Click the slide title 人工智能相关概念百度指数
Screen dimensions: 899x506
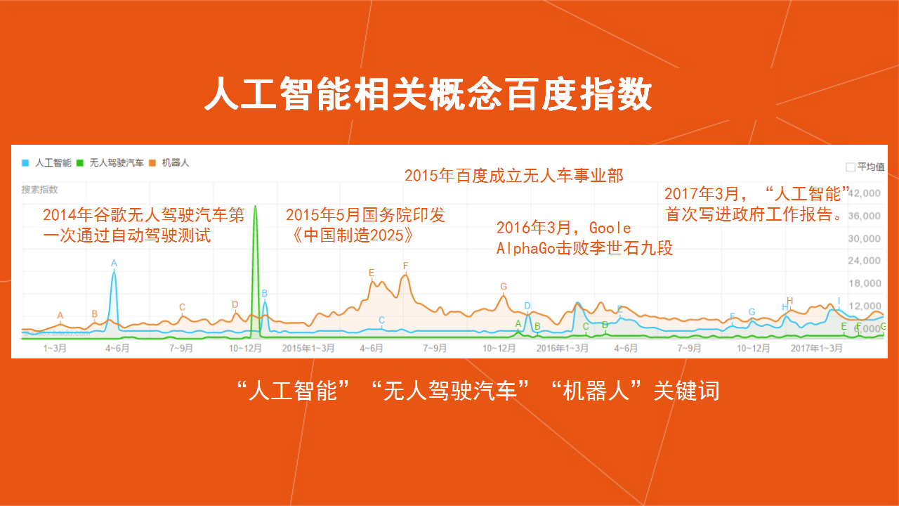pyautogui.click(x=428, y=94)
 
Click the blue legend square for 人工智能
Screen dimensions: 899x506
pyautogui.click(x=25, y=163)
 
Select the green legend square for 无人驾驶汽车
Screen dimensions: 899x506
pyautogui.click(x=80, y=163)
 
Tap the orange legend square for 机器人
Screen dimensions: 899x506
pyautogui.click(x=152, y=163)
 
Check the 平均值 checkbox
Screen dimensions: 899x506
pyautogui.click(x=850, y=167)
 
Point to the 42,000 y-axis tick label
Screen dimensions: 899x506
pyautogui.click(x=864, y=193)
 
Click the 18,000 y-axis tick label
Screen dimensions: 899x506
pyautogui.click(x=864, y=283)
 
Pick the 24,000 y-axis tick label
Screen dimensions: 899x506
pyautogui.click(x=864, y=261)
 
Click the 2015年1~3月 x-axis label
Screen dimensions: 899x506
pyautogui.click(x=308, y=348)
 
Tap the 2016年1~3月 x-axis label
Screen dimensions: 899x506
pyautogui.click(x=563, y=348)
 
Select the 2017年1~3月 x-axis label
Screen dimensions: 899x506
pyautogui.click(x=817, y=348)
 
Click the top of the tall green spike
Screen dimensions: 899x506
pyautogui.click(x=255, y=206)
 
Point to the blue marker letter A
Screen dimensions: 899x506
pyautogui.click(x=114, y=264)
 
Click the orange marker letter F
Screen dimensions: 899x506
pyautogui.click(x=406, y=266)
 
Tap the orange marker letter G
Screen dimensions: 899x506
pyautogui.click(x=504, y=287)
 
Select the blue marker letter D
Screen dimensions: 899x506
pyautogui.click(x=527, y=306)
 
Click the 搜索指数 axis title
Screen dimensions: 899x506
pyautogui.click(x=40, y=190)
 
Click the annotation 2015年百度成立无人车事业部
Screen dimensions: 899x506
pyautogui.click(x=513, y=176)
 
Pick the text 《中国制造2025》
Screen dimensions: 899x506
pyautogui.click(x=352, y=235)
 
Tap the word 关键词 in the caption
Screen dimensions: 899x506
pyautogui.click(x=687, y=391)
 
